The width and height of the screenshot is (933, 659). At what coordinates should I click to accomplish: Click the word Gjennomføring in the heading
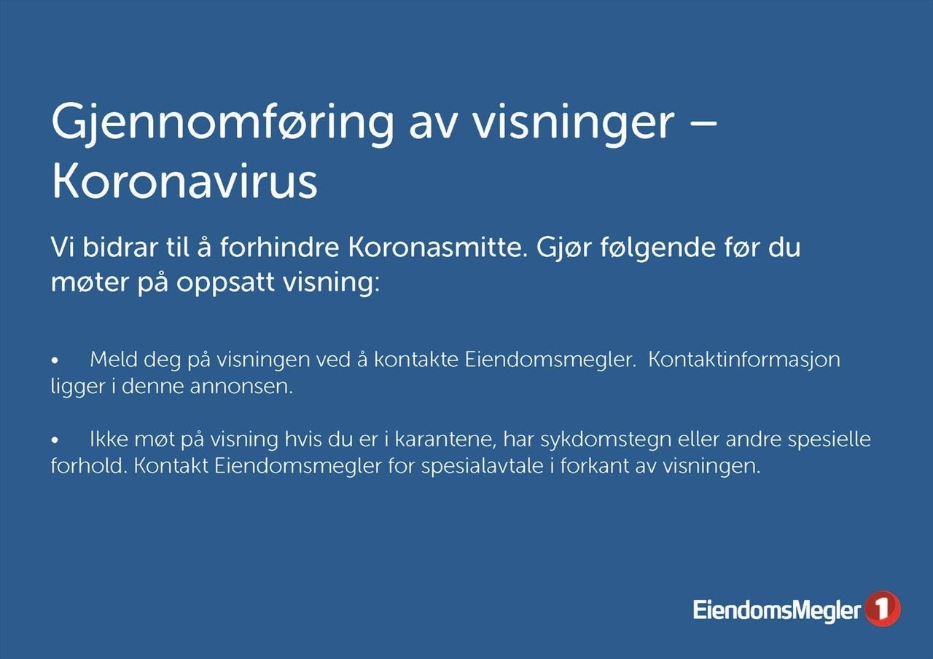[x=222, y=124]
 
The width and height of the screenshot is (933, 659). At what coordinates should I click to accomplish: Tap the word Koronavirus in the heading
[x=184, y=182]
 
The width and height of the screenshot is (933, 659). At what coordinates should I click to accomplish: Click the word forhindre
[x=279, y=248]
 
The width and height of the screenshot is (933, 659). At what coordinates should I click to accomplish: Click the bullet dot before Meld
[x=55, y=360]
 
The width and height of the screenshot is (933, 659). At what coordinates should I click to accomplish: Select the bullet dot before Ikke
[x=55, y=441]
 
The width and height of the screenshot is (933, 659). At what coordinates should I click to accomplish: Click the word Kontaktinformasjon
[x=744, y=360]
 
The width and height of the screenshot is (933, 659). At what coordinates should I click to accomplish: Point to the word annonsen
[x=241, y=387]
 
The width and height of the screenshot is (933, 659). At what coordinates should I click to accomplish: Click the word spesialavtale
[x=483, y=466]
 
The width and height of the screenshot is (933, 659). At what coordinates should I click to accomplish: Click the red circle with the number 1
[x=882, y=609]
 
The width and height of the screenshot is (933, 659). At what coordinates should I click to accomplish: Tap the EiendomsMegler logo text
[x=777, y=611]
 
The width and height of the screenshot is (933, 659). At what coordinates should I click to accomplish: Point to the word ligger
[x=78, y=387]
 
